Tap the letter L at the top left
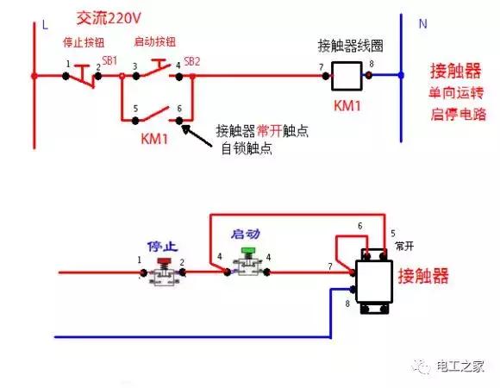pos(45,26)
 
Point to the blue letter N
pos(422,24)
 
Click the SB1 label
pos(109,61)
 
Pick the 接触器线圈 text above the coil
pos(345,46)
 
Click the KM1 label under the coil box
pos(349,107)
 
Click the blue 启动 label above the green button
pos(247,234)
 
